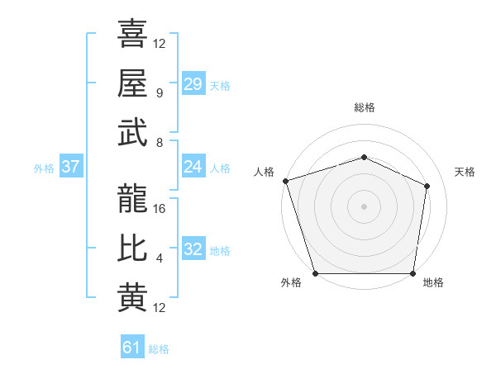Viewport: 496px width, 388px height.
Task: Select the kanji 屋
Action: click(132, 83)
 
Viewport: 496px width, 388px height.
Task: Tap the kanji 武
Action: click(132, 133)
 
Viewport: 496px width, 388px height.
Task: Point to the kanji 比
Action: click(132, 248)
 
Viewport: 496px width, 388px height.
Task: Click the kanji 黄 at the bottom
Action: click(132, 298)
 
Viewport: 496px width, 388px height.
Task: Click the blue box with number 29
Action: click(193, 84)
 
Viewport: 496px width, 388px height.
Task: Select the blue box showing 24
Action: click(193, 167)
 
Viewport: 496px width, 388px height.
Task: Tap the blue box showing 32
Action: click(193, 249)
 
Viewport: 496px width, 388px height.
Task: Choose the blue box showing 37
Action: click(71, 167)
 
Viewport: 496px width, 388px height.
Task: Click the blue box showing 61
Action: click(132, 348)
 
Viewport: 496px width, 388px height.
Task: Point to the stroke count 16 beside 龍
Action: click(160, 209)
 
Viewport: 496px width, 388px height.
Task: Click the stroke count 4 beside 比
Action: click(159, 258)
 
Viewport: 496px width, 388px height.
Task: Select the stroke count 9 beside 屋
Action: click(159, 93)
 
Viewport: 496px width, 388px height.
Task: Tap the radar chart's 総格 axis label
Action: click(364, 108)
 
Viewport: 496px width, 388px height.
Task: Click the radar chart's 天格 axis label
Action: click(465, 172)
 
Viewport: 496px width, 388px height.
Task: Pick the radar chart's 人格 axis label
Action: click(265, 172)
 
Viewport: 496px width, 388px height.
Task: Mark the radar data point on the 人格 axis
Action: click(285, 180)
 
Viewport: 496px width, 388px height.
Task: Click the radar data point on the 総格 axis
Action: click(364, 157)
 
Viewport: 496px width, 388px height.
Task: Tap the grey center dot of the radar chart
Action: click(364, 206)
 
